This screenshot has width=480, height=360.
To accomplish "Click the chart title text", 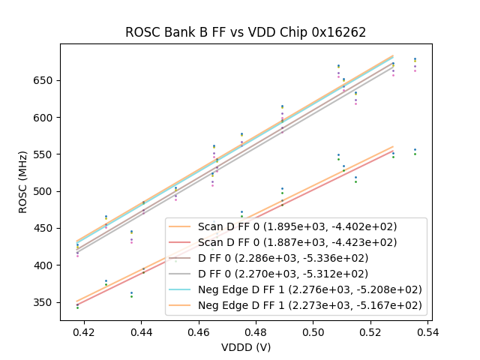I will click(245, 32).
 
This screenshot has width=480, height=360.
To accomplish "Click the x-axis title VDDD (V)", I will click(245, 346).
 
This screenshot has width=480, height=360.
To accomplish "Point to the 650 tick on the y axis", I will click(46, 80).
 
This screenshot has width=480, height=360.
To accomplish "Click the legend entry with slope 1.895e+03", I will click(297, 226).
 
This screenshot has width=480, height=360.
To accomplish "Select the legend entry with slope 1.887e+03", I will click(297, 242).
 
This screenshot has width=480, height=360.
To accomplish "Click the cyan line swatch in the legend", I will click(181, 289).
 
